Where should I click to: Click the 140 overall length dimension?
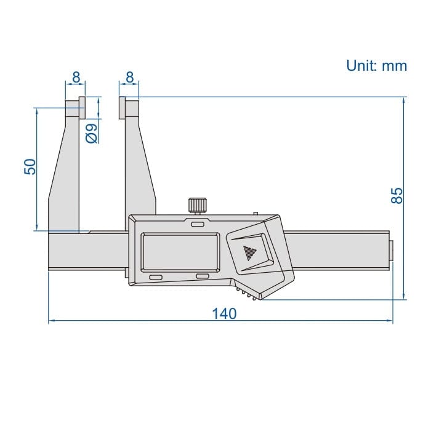(224, 313)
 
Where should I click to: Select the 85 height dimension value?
(398, 196)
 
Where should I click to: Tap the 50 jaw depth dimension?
(30, 167)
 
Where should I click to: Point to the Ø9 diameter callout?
(91, 133)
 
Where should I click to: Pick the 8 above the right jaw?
(130, 77)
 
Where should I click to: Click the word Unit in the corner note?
(361, 66)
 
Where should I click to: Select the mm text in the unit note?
(394, 66)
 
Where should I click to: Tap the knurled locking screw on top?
(197, 204)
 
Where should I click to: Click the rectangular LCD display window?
(180, 252)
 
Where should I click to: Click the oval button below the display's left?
(155, 278)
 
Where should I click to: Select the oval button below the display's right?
(203, 276)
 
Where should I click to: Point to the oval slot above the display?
(197, 225)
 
